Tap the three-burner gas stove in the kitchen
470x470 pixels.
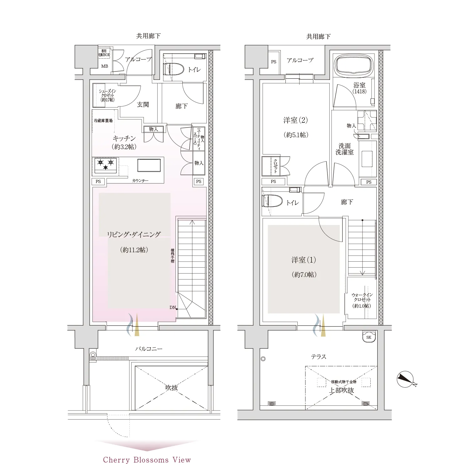click(106, 165)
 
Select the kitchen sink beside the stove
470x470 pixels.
click(149, 165)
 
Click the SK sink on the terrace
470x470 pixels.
click(369, 337)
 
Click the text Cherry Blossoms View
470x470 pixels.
click(147, 460)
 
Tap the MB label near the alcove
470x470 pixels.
click(105, 66)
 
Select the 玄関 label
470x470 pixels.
click(143, 105)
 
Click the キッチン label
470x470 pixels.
click(124, 138)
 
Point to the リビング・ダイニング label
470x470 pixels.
click(134, 234)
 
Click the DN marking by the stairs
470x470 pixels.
click(173, 307)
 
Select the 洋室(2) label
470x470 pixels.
click(295, 120)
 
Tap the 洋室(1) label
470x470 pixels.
click(304, 260)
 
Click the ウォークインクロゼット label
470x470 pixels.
click(362, 297)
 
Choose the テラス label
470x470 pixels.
click(319, 357)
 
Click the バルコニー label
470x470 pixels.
click(149, 349)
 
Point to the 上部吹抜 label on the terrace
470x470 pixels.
click(342, 390)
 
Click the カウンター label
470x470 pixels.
click(140, 181)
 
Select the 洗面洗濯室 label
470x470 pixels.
click(345, 149)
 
